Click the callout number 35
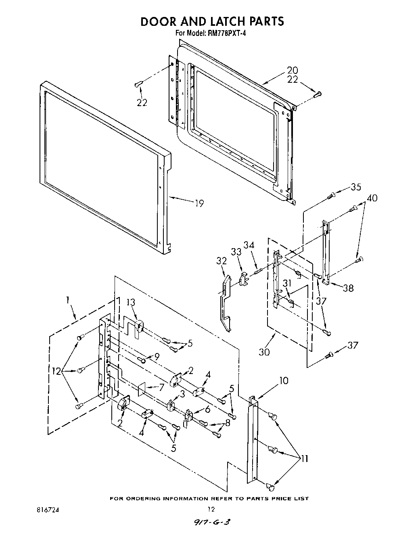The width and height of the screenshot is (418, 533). tap(355, 187)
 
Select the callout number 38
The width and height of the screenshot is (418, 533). tap(349, 288)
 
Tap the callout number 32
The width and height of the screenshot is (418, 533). tap(222, 261)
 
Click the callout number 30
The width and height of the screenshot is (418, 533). tap(265, 351)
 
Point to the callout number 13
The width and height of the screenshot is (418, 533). tap(131, 303)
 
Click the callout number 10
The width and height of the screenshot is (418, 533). tap(284, 380)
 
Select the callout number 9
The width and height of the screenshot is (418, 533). tap(157, 356)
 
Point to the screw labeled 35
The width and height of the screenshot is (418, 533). tap(330, 196)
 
